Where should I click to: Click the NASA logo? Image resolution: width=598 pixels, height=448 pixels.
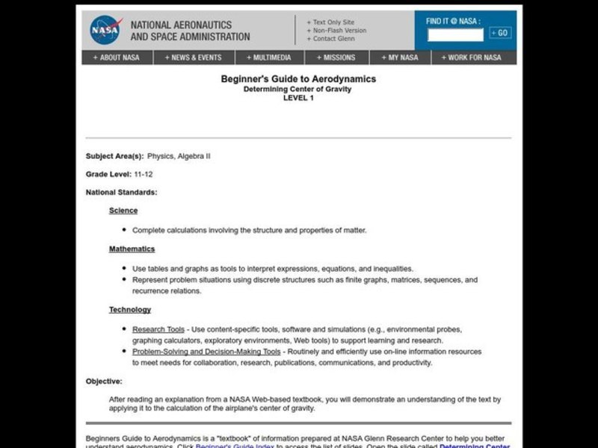click(105, 30)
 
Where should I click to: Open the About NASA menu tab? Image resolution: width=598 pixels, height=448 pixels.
click(116, 57)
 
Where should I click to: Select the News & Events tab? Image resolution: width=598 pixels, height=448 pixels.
click(194, 57)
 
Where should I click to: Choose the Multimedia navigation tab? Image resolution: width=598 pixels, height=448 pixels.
click(272, 57)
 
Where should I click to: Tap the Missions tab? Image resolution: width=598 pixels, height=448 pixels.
click(340, 57)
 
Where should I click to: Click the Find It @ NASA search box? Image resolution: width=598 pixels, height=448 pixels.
click(455, 34)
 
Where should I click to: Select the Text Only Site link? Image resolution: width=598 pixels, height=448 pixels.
click(333, 22)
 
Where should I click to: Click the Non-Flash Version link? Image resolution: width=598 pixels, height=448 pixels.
click(339, 31)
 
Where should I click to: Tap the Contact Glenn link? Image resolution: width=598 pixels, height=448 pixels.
click(334, 39)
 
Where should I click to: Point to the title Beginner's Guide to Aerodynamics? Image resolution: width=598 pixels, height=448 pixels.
click(298, 78)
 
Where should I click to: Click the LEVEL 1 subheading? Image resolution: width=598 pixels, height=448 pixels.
click(298, 98)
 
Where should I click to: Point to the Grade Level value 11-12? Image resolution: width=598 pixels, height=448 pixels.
click(144, 174)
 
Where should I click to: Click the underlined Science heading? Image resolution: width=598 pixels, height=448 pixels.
click(123, 211)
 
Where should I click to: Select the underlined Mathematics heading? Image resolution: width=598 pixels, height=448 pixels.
click(132, 249)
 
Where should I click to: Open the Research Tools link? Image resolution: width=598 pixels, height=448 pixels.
click(158, 329)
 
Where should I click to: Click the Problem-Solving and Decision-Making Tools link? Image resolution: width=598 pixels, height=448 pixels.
click(206, 351)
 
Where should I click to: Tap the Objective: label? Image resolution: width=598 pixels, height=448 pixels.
click(104, 381)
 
